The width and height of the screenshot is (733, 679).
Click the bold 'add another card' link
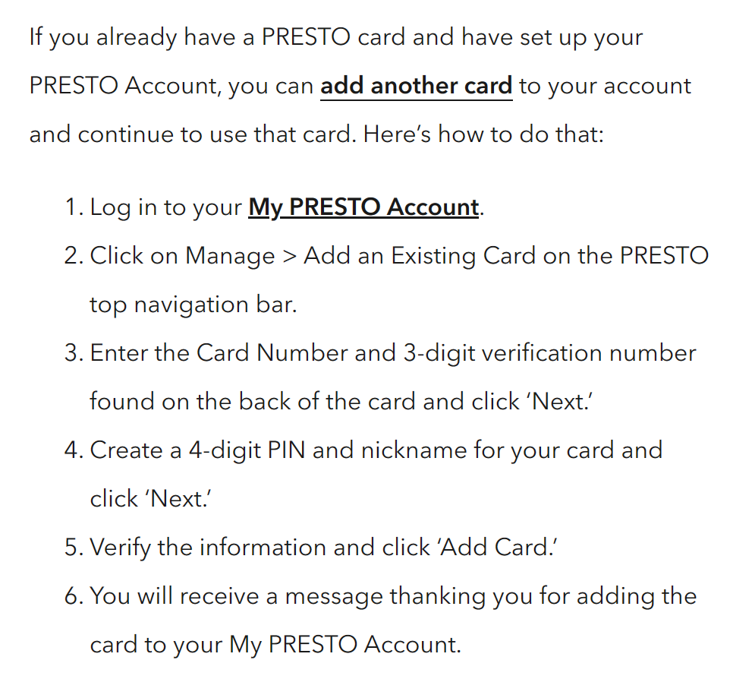(416, 86)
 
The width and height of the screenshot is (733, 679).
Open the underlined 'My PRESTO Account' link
(363, 207)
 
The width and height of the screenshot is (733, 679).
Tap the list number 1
(74, 207)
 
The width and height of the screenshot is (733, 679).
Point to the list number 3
(74, 353)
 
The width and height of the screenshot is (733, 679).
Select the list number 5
(74, 548)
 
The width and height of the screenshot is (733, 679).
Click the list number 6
(74, 596)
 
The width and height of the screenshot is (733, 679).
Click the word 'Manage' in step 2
(230, 257)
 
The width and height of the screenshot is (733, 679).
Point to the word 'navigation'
(192, 305)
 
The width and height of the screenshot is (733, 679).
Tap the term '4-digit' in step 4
(225, 451)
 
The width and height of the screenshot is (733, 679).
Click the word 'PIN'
(287, 450)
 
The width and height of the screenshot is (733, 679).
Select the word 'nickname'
(414, 450)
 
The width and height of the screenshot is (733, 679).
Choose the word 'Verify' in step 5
(120, 548)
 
